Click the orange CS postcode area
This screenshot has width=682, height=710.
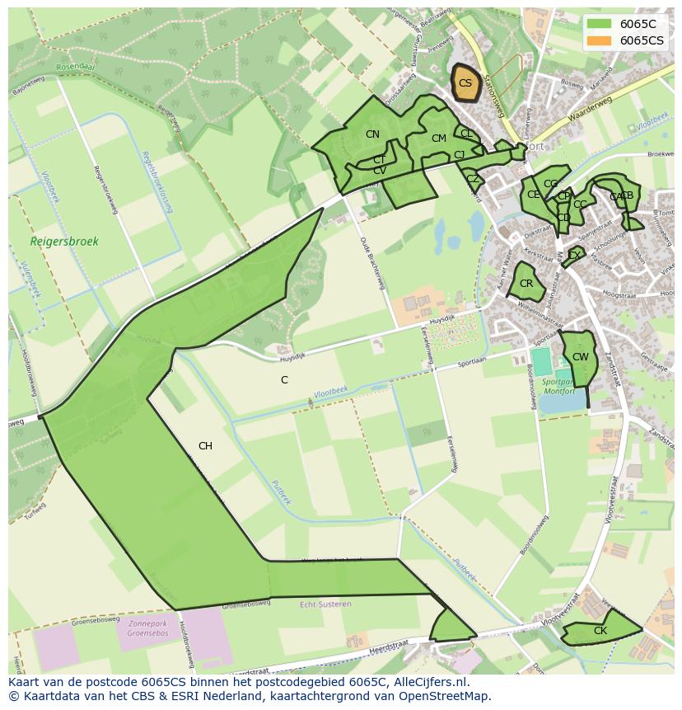point(465,83)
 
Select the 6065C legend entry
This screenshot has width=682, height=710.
point(638,24)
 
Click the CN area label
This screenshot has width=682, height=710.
point(372,134)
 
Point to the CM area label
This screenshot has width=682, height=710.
point(438,139)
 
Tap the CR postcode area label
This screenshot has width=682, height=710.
point(526,284)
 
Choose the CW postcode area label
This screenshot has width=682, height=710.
point(580,357)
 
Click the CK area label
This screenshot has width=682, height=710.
point(600,631)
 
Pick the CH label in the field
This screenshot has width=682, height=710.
point(205,446)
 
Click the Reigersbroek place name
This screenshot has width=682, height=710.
point(64,242)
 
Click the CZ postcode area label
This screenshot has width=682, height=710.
point(472,179)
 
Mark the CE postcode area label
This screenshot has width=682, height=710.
point(533,195)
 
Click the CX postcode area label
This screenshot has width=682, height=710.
point(573,256)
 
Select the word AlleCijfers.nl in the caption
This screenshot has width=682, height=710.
point(426,682)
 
